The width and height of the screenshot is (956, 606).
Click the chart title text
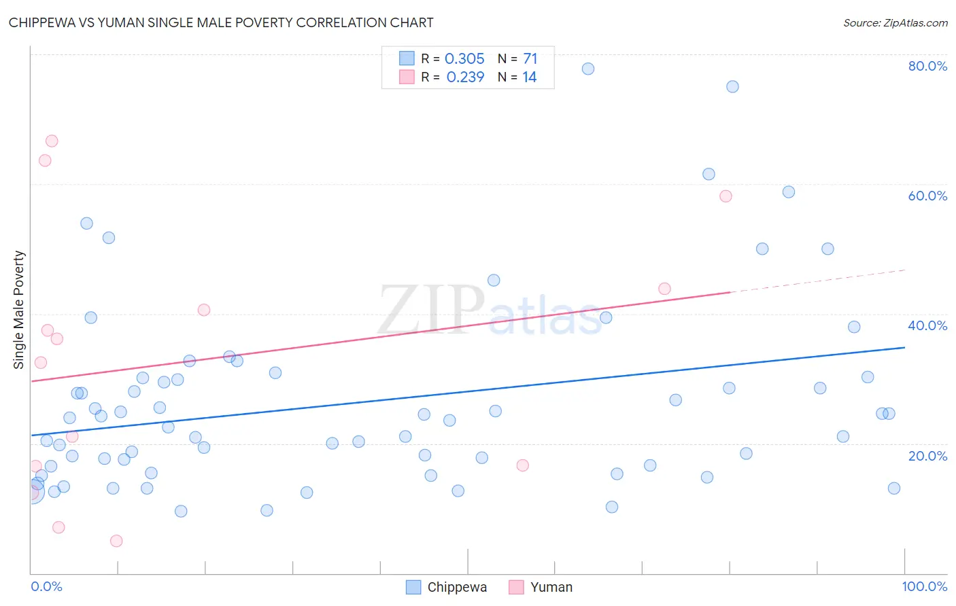(221, 22)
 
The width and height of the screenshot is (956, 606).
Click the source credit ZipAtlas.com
(895, 22)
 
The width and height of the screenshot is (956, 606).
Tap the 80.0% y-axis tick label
(927, 66)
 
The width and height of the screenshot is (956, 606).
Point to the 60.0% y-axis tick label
(927, 196)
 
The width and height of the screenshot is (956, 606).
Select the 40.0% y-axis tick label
(927, 325)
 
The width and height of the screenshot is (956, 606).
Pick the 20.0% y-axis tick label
(927, 456)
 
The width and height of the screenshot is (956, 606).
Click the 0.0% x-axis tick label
(46, 586)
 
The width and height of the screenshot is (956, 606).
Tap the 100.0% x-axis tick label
(924, 586)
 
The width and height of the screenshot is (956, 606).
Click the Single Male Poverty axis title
(19, 310)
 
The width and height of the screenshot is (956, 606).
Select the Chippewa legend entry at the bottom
(447, 587)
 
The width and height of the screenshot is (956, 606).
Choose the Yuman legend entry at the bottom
(541, 587)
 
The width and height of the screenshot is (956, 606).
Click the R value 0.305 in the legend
(464, 59)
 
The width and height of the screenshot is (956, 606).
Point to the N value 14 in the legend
(529, 77)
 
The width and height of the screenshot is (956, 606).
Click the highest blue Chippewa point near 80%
(588, 69)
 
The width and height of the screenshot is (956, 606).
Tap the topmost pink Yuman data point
(52, 141)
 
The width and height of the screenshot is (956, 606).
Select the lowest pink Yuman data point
(116, 541)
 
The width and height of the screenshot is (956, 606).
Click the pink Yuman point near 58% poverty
(725, 196)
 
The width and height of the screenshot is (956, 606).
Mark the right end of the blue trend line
(904, 348)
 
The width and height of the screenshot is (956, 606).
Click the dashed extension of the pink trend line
(816, 281)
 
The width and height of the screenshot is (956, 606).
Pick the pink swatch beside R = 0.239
(407, 77)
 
